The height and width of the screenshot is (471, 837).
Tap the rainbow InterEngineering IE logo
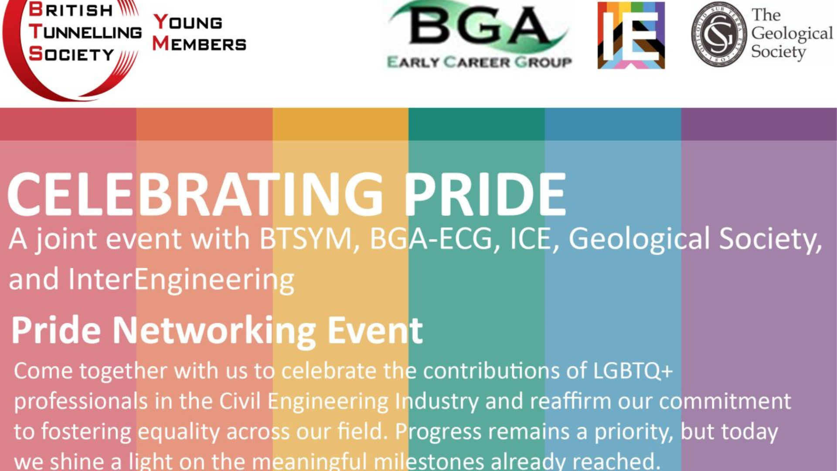coord(631,35)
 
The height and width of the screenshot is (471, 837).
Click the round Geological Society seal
coord(719,34)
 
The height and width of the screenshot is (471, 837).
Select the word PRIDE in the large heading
coord(485,195)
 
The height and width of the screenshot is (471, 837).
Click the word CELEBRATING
coord(195,195)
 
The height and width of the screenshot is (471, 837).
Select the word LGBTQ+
coord(633,371)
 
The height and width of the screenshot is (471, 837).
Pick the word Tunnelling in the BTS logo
coord(86,32)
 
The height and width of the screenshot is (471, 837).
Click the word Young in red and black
coord(188,22)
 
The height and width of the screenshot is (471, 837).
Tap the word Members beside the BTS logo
coord(199,44)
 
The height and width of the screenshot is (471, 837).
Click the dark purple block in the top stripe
coord(759,124)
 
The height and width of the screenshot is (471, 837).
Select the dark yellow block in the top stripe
coord(340,124)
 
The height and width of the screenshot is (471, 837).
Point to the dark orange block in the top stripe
coord(204,124)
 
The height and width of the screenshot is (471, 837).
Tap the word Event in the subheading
coord(375,331)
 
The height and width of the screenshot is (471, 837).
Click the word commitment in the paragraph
coord(725,401)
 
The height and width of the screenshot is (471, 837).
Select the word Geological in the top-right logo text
coord(792,34)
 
